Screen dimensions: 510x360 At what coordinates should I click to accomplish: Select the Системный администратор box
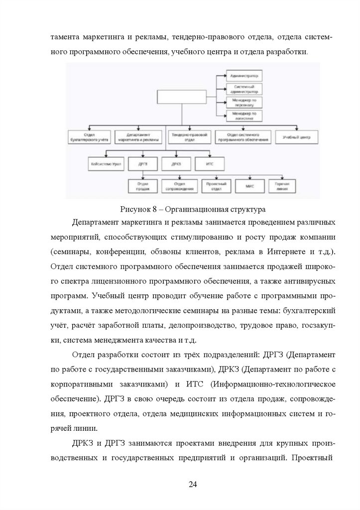click(x=244, y=90)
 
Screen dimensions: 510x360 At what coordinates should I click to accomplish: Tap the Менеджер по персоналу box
click(x=244, y=103)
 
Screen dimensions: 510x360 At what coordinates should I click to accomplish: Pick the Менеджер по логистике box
click(x=244, y=117)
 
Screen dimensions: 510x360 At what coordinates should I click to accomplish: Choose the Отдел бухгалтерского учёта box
click(x=89, y=137)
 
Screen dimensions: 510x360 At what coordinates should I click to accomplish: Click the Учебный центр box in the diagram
click(x=297, y=137)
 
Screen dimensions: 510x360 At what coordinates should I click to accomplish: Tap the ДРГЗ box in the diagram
click(x=142, y=164)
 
